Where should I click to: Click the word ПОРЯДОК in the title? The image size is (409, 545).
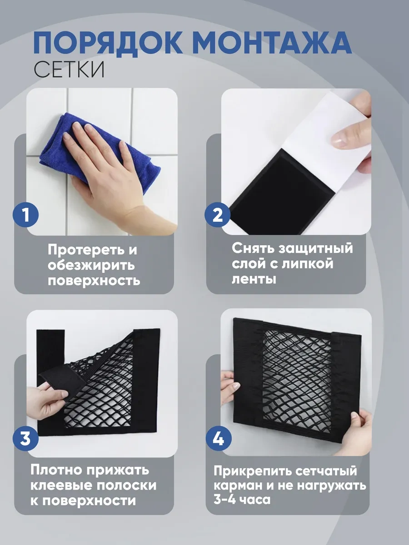tap(108, 42)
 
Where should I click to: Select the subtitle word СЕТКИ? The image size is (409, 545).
tap(69, 70)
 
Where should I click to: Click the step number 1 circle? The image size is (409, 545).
tap(26, 214)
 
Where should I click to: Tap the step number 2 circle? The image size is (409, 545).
tap(218, 214)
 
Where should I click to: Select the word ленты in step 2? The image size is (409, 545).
tap(254, 279)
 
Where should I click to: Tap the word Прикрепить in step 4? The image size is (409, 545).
tap(253, 471)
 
